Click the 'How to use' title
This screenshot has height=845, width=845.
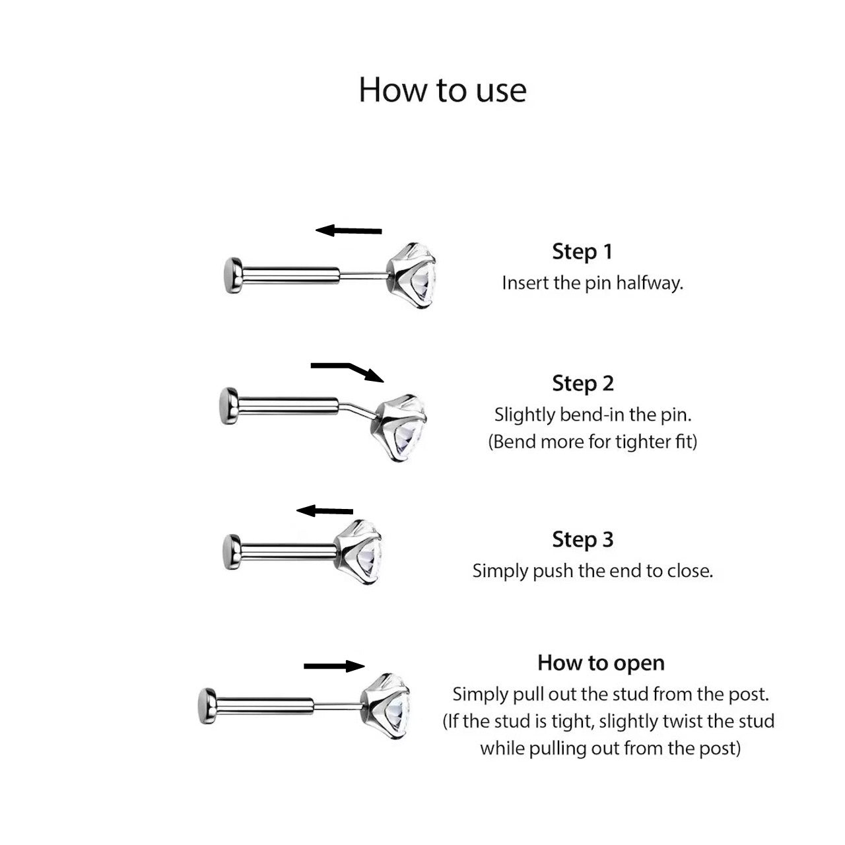point(442,90)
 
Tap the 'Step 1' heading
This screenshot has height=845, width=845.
point(582,252)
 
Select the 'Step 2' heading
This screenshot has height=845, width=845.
point(583,384)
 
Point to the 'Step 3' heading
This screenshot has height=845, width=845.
point(583,539)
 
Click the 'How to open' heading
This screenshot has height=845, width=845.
point(601,663)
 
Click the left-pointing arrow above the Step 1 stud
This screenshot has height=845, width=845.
point(349,230)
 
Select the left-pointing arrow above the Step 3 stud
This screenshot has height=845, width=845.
point(325,510)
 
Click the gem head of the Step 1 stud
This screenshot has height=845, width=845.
point(411,275)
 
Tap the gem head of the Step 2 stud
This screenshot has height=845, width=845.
point(401,428)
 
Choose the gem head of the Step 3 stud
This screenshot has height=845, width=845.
point(357,552)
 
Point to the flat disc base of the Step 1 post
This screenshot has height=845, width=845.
point(232,275)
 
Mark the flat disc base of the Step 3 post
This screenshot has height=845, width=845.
point(232,552)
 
